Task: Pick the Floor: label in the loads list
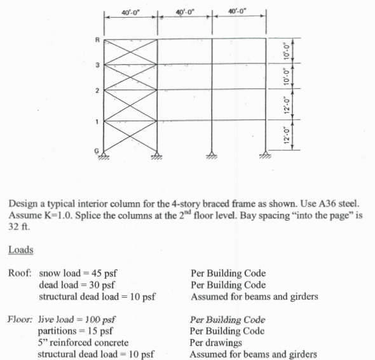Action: click(x=22, y=319)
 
